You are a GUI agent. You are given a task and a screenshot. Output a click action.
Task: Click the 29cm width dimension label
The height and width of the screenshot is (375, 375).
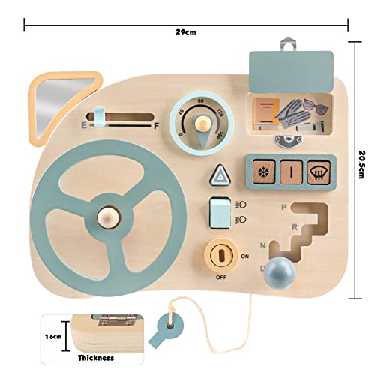[x=185, y=32]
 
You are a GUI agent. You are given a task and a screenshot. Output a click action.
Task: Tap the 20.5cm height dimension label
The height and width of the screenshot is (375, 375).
[x=362, y=164]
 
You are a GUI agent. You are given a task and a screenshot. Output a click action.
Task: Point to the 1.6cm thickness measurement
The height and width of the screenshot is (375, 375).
[x=53, y=337]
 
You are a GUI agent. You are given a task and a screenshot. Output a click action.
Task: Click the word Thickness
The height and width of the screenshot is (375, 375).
[x=96, y=358]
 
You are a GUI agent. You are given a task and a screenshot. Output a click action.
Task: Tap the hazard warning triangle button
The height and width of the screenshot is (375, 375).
[x=220, y=175]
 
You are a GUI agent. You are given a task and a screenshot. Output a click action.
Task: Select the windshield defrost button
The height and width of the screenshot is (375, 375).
[x=319, y=172]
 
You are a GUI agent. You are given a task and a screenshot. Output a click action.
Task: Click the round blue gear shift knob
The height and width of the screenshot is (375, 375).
[x=280, y=272]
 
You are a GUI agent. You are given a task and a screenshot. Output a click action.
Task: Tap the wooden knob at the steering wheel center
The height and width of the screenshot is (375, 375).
[x=108, y=217]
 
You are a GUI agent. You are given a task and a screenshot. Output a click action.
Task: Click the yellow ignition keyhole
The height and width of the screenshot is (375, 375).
[x=221, y=255]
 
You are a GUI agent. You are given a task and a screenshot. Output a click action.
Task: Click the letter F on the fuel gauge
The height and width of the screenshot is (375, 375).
[x=157, y=126]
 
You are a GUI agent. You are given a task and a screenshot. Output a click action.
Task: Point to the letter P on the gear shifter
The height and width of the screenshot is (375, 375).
[x=284, y=207]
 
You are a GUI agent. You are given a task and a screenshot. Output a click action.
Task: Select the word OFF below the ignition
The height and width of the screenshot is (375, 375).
[x=221, y=277]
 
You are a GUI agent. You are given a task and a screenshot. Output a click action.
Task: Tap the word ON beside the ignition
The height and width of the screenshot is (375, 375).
[x=245, y=256]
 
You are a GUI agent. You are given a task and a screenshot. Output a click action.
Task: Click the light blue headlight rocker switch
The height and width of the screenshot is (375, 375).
[x=220, y=213]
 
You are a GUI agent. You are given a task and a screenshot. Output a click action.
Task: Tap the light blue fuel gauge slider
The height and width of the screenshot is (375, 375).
[x=99, y=116]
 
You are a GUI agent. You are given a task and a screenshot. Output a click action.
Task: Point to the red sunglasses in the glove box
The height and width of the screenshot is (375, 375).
[x=316, y=106]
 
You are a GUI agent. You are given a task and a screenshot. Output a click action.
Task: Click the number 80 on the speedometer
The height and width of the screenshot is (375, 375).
[x=201, y=101]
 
